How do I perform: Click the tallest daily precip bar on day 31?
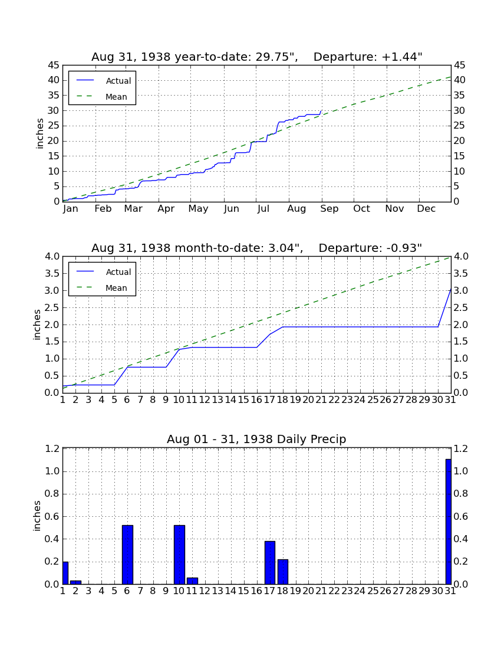pos(448,522)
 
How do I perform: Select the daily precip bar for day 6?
pos(127,555)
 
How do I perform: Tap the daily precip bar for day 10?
pos(179,555)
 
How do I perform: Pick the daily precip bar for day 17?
pos(270,562)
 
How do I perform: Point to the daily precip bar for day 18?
pos(283,572)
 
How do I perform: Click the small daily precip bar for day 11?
pos(192,581)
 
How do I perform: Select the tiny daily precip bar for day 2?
pos(75,582)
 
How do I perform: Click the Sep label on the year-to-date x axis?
pos(329,209)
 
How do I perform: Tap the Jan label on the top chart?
pos(71,209)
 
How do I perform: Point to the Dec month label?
pos(426,209)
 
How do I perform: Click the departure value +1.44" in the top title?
pos(402,57)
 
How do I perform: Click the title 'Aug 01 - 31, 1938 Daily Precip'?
pos(256,439)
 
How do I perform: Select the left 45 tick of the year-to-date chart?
pos(54,65)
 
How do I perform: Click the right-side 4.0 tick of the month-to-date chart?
pos(461,257)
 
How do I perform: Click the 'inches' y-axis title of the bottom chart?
pos(37,516)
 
